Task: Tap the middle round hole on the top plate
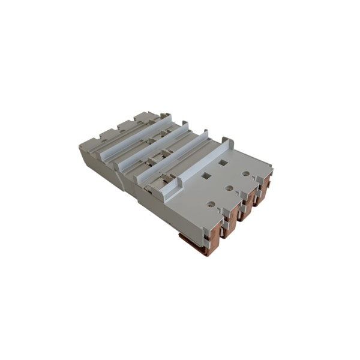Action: pos(229,188)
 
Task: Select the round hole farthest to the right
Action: pos(246,173)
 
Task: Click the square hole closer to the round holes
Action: pos(206,176)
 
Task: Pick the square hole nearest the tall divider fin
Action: pos(223,162)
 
